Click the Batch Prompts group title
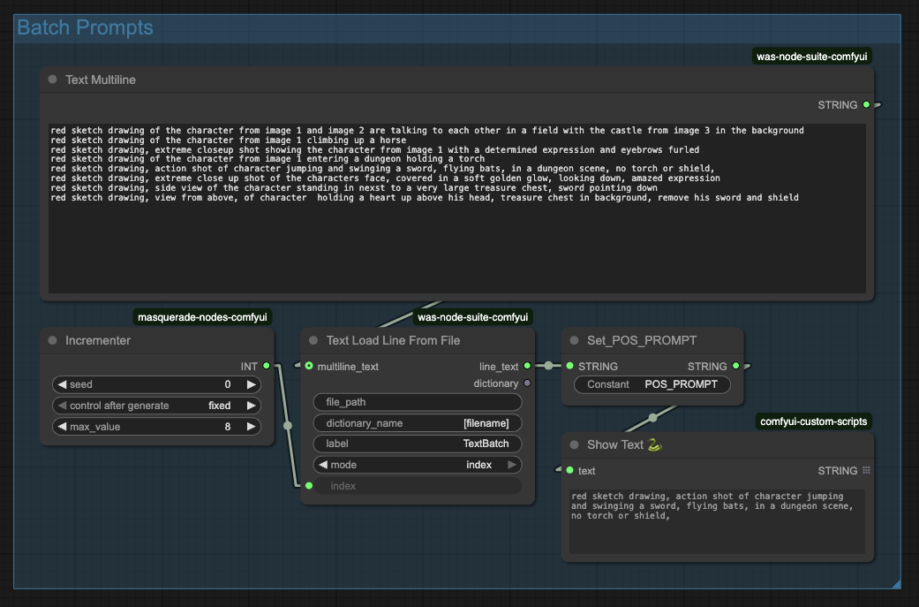coord(85,27)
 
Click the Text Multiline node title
coord(101,80)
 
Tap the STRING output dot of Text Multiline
coord(866,105)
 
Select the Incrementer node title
coord(98,340)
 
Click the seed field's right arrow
coord(252,384)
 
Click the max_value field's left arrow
coord(61,427)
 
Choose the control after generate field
coord(156,406)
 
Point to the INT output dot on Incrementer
coord(267,366)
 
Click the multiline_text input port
coord(309,366)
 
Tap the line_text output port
coord(527,366)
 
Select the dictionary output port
coord(527,383)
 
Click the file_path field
coord(417,402)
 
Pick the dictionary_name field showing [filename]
coord(417,423)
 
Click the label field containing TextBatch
coord(417,444)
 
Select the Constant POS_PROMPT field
coord(652,384)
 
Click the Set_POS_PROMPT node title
coord(642,340)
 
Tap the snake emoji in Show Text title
coord(655,445)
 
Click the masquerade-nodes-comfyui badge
coord(202,316)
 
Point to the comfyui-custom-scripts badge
coord(814,421)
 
